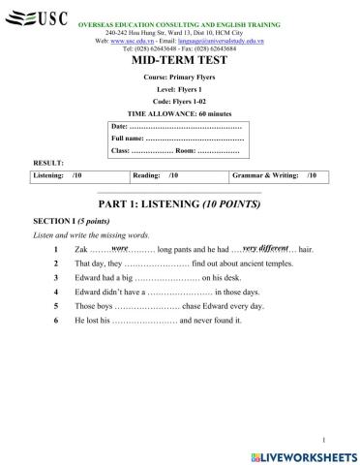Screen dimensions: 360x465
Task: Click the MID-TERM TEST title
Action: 179,60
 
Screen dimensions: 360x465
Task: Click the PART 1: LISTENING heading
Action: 180,205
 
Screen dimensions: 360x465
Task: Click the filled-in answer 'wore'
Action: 121,247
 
